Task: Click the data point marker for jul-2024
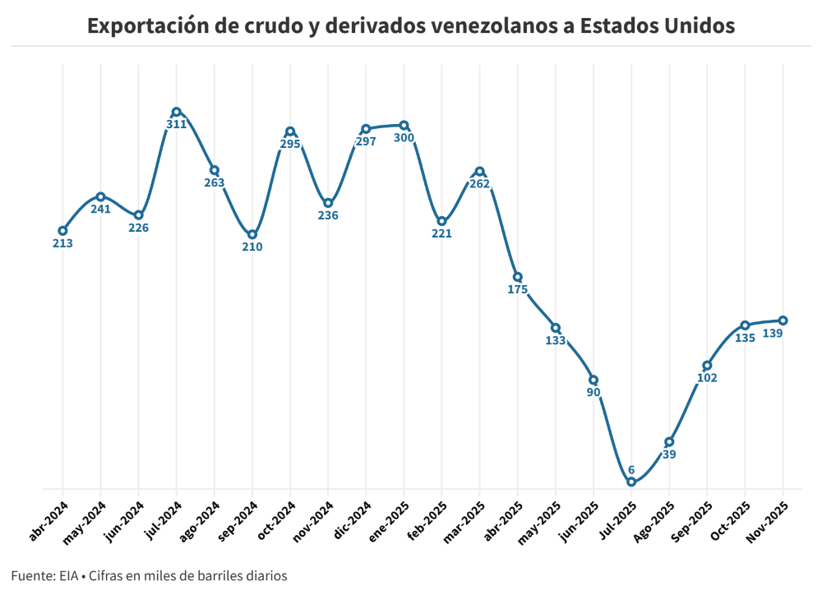tap(177, 112)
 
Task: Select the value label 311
tap(177, 125)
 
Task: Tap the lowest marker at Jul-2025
tap(631, 482)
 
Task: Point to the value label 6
tap(631, 470)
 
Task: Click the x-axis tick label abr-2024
tap(48, 522)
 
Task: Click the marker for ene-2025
tap(404, 125)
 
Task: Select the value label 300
tap(404, 138)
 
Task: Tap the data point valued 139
tap(783, 321)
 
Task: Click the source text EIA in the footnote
tap(68, 576)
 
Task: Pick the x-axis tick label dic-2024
tap(351, 522)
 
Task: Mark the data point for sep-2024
tap(252, 234)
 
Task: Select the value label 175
tap(518, 289)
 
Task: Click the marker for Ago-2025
tap(669, 442)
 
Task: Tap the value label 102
tap(707, 378)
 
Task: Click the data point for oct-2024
tap(290, 131)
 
